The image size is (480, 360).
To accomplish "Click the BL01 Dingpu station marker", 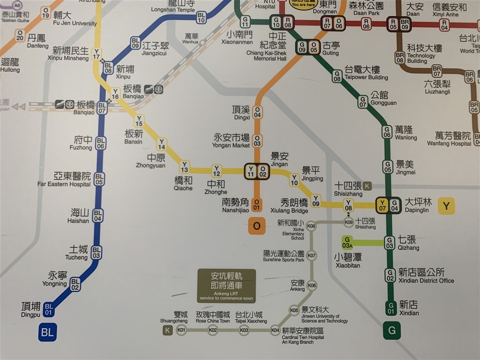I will click(49, 309).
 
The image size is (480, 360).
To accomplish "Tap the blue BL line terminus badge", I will click(47, 333).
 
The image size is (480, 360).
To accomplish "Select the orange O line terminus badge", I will click(256, 226).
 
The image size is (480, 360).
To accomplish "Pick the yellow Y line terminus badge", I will click(446, 206).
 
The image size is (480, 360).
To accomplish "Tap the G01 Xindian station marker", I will click(390, 308).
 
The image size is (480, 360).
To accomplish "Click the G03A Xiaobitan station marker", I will click(347, 242).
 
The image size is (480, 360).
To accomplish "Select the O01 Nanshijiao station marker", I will click(256, 204).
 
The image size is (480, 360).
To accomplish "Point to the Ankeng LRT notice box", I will click(226, 285).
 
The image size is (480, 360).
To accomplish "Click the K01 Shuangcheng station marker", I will click(181, 330).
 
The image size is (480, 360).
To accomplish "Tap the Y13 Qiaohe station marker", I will click(185, 166).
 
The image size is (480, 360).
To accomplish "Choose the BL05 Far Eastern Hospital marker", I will click(99, 179).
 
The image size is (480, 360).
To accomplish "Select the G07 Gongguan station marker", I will click(363, 102).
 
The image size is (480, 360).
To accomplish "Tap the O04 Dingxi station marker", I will click(257, 112).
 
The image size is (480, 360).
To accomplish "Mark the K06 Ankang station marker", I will click(312, 285).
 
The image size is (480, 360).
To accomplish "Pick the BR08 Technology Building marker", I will click(400, 58).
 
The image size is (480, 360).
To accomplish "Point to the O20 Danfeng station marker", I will click(20, 35).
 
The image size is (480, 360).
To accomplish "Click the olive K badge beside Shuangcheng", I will click(167, 330).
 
